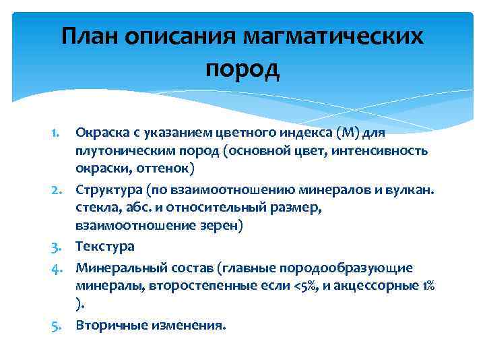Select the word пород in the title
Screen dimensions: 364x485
tap(242, 67)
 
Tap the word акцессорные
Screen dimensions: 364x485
tap(391, 286)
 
